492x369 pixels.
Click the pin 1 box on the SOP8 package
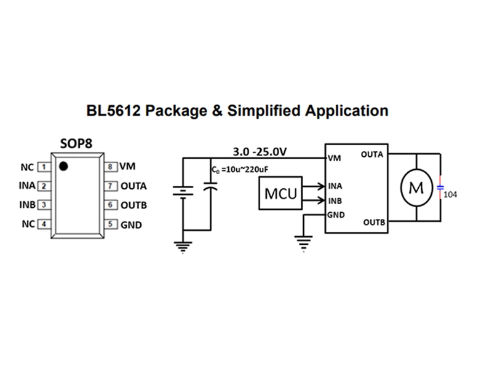coord(44,167)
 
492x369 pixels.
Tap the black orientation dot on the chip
coord(63,166)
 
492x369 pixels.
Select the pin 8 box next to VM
coord(111,167)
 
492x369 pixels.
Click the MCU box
coord(280,193)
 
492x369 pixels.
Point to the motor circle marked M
coord(416,188)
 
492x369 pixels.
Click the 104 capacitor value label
coord(450,194)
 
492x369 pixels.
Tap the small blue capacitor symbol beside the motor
coord(440,188)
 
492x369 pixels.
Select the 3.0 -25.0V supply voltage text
coord(260,151)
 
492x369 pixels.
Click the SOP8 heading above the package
coord(76,143)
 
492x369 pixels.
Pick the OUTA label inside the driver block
coord(372,154)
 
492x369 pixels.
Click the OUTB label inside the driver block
coord(374,222)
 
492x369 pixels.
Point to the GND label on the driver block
coord(336,215)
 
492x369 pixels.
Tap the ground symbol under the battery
coord(183,247)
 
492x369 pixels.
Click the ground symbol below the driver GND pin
coord(303,244)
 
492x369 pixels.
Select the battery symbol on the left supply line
coord(183,192)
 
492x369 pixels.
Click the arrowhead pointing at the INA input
coord(321,186)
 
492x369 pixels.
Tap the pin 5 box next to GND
coord(111,224)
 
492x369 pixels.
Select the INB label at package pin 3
coord(27,205)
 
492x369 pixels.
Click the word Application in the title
coord(347,111)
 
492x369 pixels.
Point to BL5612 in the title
coord(114,111)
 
